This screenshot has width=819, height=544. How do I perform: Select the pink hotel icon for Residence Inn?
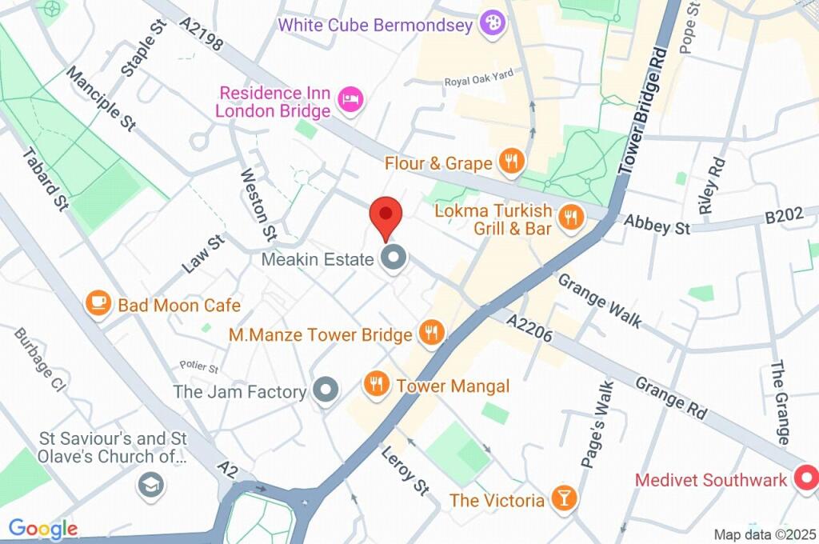[351, 100]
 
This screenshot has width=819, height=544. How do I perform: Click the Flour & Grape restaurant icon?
[510, 162]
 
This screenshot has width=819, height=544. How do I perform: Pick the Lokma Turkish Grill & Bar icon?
[569, 217]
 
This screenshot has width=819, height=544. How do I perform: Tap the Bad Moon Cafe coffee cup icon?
[98, 304]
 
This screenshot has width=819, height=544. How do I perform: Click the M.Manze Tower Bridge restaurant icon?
[432, 333]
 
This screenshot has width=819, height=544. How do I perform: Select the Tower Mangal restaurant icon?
[375, 386]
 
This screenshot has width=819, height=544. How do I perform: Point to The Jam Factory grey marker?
[325, 391]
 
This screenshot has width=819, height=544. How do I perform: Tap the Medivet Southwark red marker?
[807, 479]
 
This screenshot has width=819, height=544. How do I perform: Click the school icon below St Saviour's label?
[149, 485]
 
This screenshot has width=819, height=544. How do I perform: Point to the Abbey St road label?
[657, 226]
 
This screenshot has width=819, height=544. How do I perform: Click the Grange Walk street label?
[600, 301]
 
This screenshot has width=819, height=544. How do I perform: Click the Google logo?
[43, 528]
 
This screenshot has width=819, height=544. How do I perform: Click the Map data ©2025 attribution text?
[764, 534]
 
